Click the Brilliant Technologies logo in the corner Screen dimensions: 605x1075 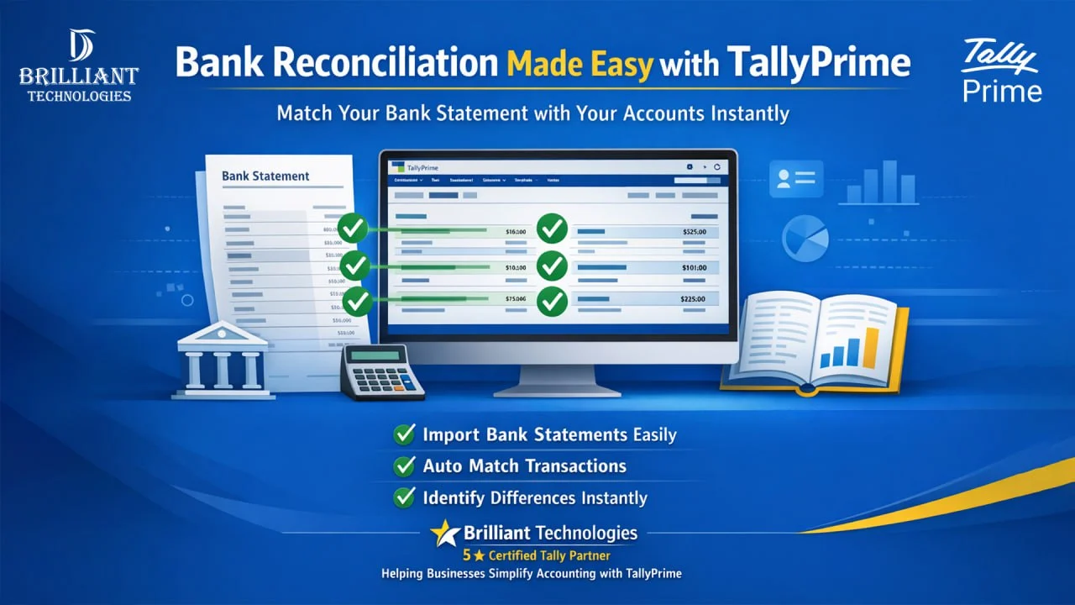point(78,66)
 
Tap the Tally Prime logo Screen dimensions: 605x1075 point(1002,71)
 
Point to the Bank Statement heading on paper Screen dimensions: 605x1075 point(265,176)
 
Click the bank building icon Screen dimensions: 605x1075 point(222,363)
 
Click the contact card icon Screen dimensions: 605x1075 point(796,178)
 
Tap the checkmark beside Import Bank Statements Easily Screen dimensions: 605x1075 point(405,434)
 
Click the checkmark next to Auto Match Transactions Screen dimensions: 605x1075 point(405,466)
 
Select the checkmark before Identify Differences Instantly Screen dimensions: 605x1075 point(405,497)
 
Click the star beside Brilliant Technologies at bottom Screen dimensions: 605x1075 point(445,533)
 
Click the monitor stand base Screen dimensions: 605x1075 point(558,388)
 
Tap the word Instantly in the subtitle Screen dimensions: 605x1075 point(744,113)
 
